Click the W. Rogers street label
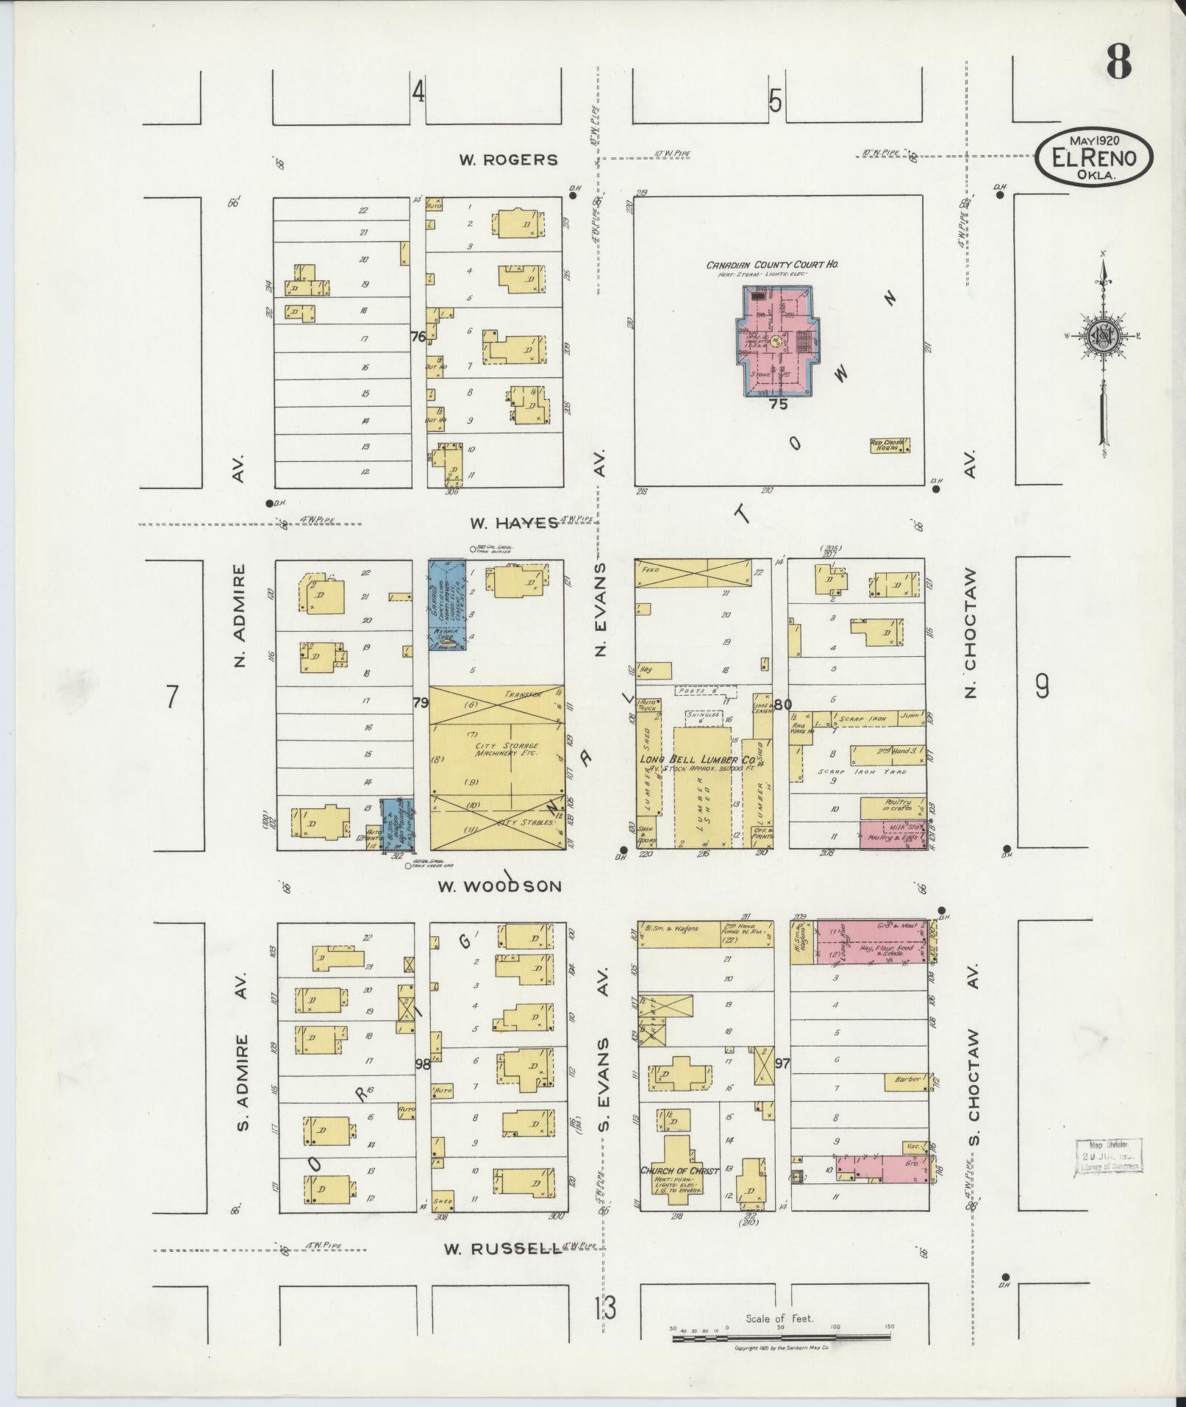pos(508,160)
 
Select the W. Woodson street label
pos(499,886)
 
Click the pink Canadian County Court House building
pos(775,343)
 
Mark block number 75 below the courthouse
pos(777,404)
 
